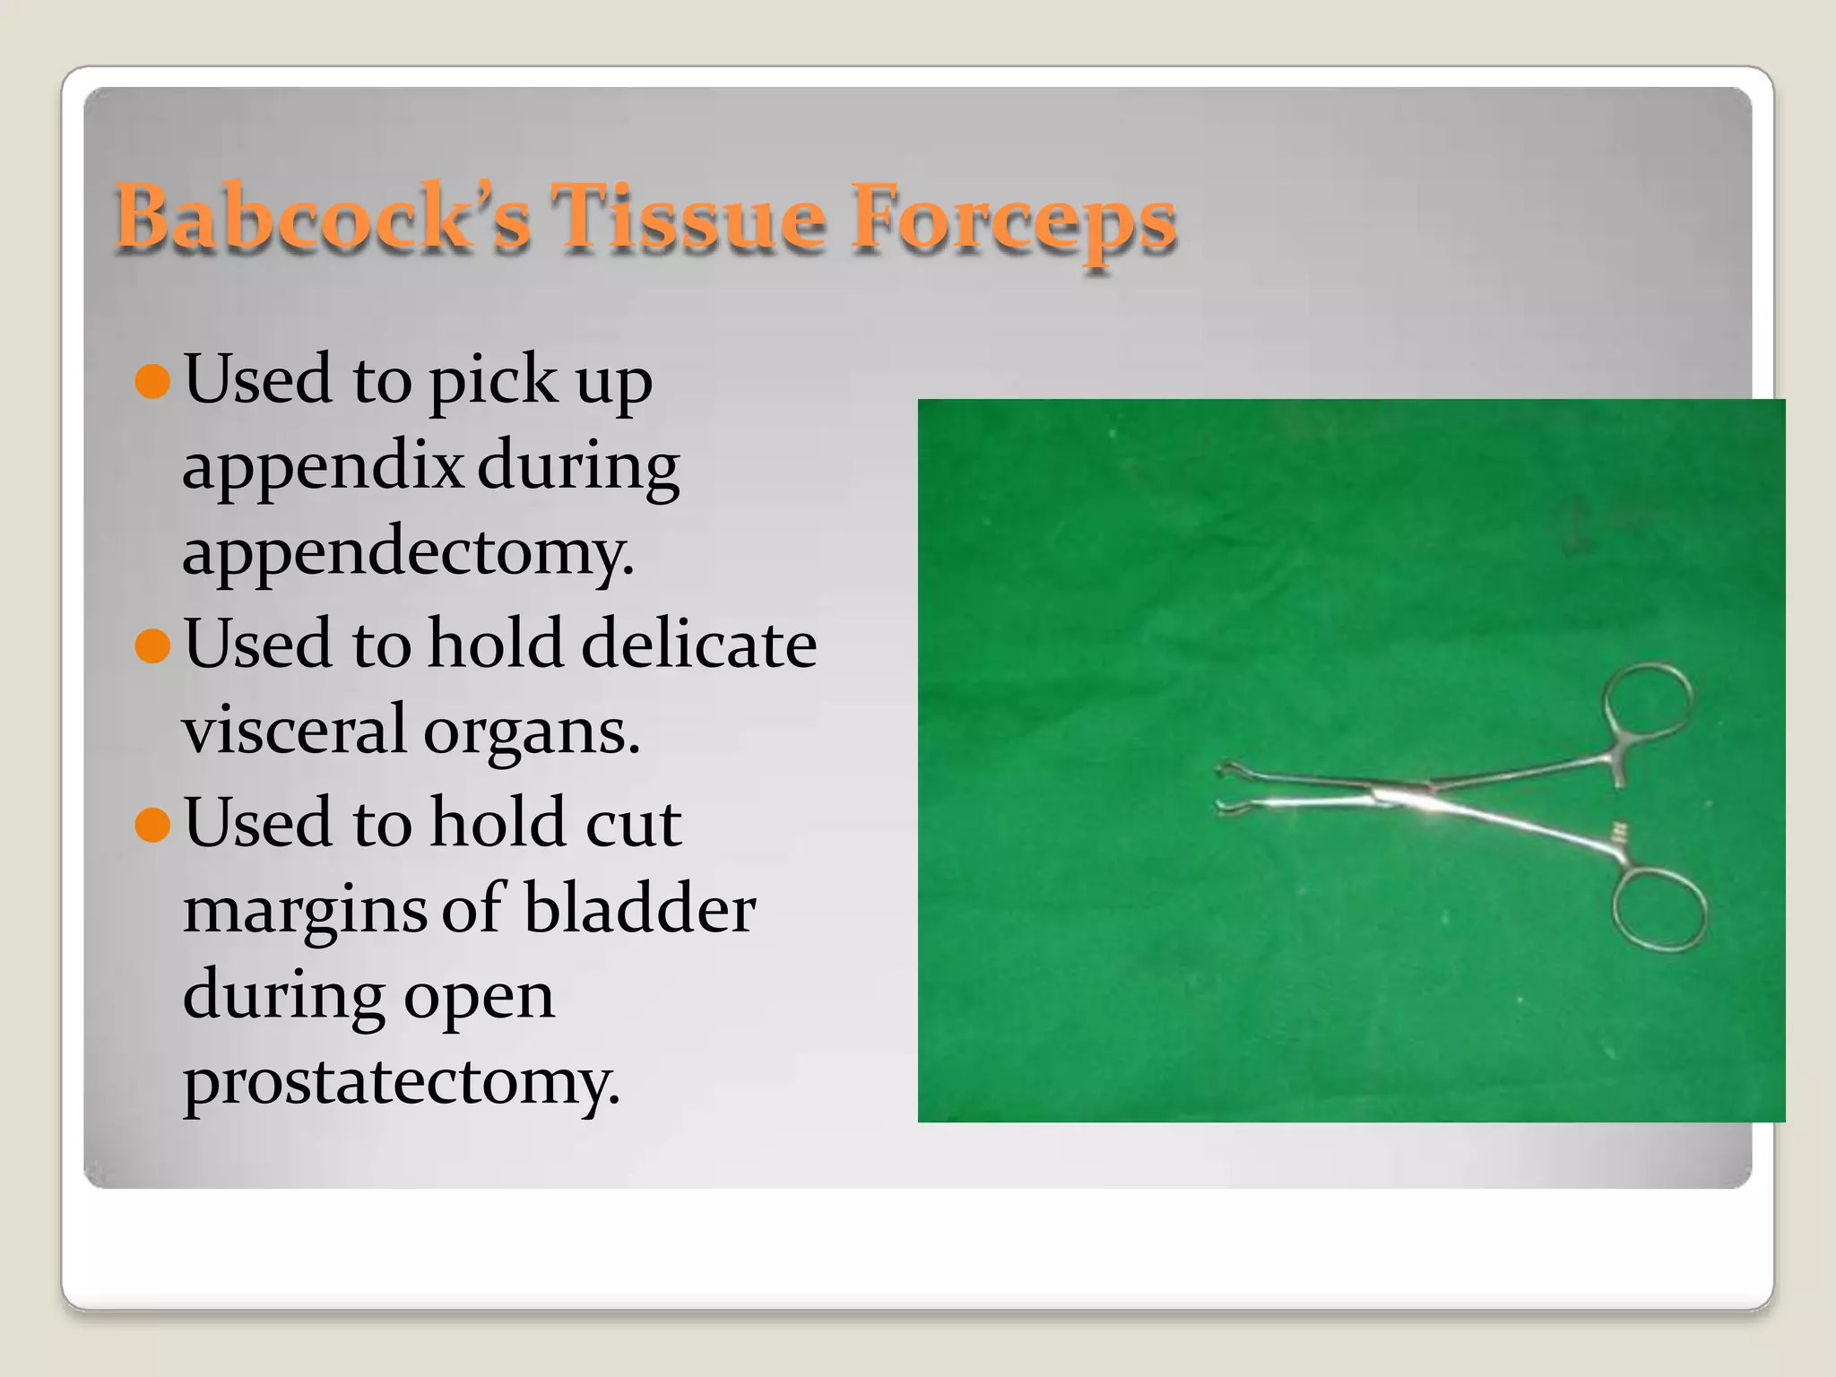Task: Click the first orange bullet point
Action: [x=152, y=380]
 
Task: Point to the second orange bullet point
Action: [x=152, y=645]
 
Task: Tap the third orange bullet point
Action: [x=152, y=824]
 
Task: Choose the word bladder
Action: [x=639, y=907]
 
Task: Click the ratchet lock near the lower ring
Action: [x=1618, y=833]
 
